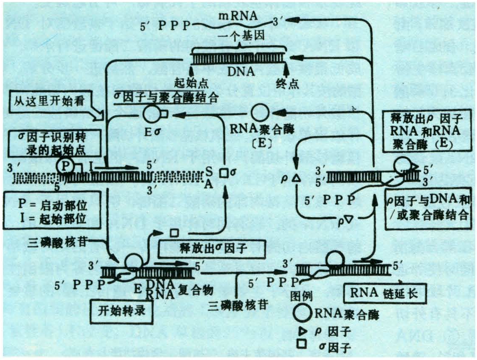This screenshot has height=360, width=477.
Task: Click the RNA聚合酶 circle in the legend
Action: [305, 313]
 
